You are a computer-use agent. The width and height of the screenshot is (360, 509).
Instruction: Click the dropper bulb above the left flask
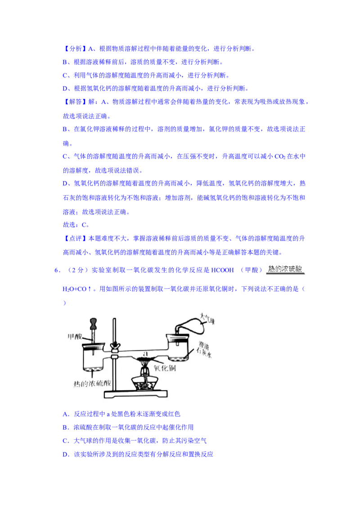tap(94, 323)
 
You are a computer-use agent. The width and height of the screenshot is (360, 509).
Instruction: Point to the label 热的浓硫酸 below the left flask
tap(92, 384)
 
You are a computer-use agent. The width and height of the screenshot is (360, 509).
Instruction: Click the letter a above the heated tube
tap(145, 353)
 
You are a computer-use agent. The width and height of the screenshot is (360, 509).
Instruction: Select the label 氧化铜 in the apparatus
tap(165, 368)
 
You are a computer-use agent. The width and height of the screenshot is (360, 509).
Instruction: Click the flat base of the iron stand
tap(135, 394)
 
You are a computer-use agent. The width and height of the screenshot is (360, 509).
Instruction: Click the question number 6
tap(57, 270)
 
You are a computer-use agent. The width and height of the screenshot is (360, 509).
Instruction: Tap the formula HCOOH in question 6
tap(222, 270)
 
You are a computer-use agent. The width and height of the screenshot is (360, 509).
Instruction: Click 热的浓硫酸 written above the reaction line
tap(285, 269)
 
